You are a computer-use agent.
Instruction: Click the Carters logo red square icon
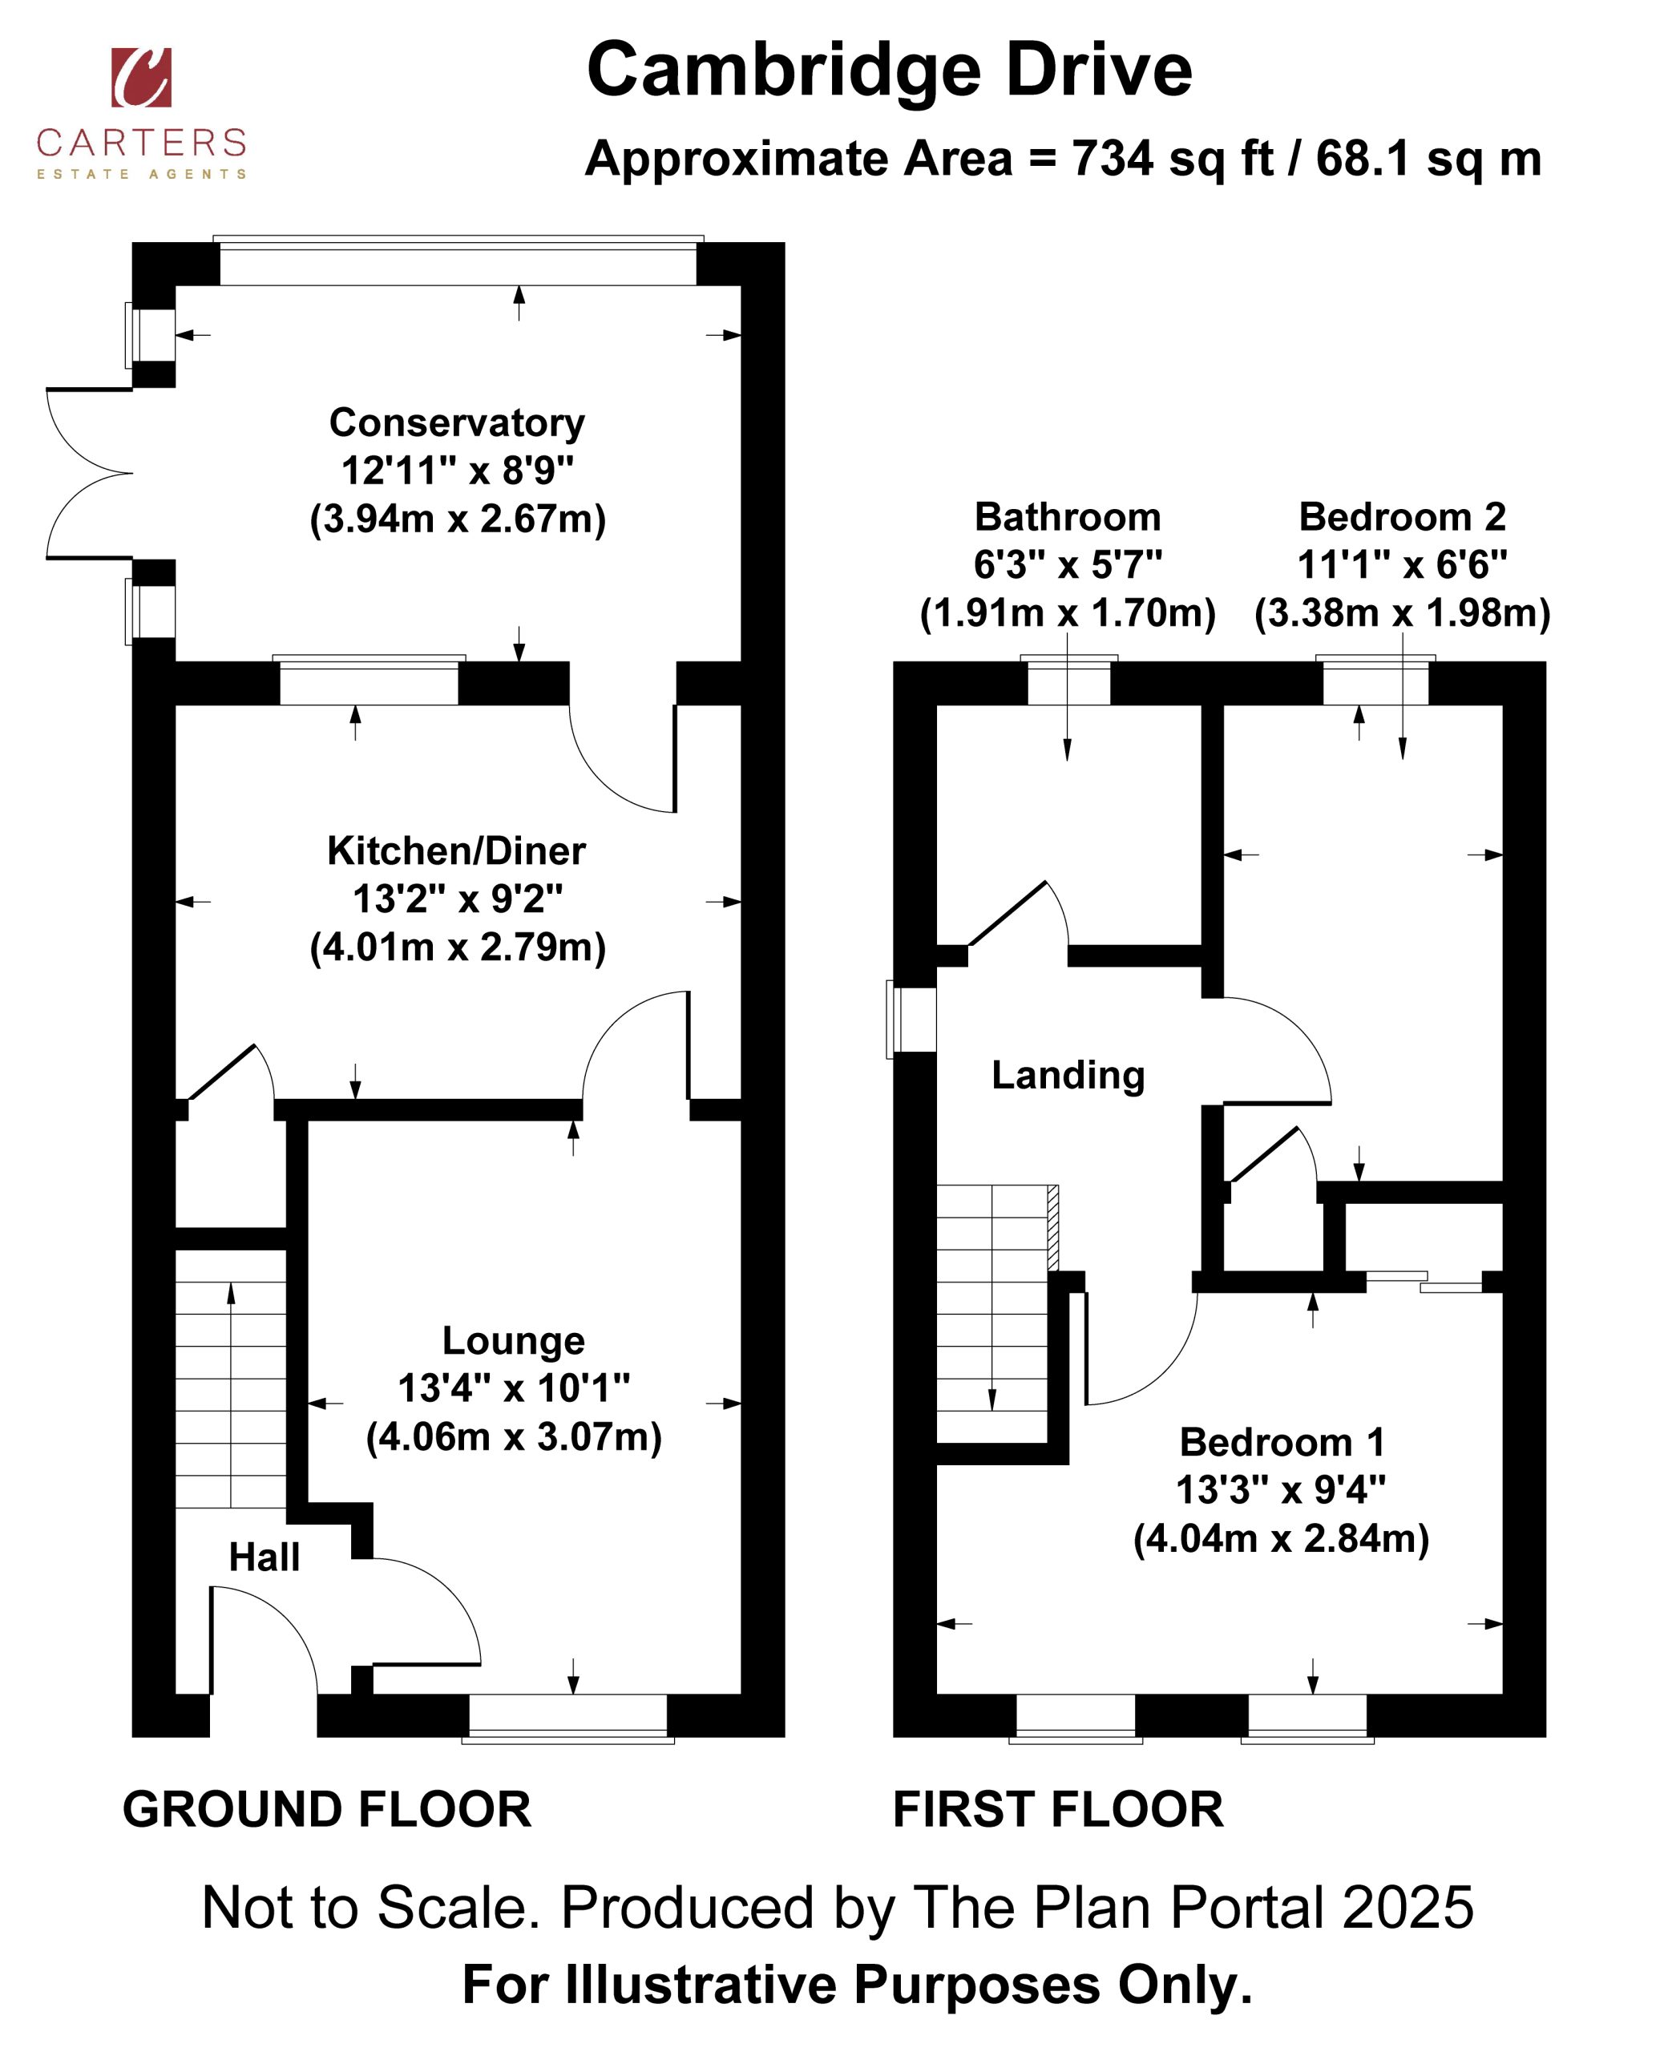pyautogui.click(x=142, y=77)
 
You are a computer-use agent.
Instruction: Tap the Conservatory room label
pyautogui.click(x=458, y=422)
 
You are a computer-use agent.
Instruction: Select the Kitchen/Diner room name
pyautogui.click(x=457, y=851)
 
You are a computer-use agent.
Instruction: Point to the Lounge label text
pyautogui.click(x=513, y=1340)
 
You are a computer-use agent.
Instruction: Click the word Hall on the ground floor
pyautogui.click(x=264, y=1557)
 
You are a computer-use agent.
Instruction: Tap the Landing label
pyautogui.click(x=1068, y=1076)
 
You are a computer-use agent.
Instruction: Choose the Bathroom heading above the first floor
pyautogui.click(x=1068, y=517)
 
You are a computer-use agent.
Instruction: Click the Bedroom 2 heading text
pyautogui.click(x=1403, y=517)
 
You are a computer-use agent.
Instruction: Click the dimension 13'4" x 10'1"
pyautogui.click(x=515, y=1388)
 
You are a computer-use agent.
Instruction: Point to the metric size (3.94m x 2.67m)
pyautogui.click(x=458, y=519)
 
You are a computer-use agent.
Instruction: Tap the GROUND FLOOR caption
pyautogui.click(x=326, y=1809)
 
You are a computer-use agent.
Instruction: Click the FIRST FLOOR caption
pyautogui.click(x=1057, y=1809)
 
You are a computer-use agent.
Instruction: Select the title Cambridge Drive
pyautogui.click(x=889, y=71)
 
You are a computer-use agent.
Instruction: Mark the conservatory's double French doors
pyautogui.click(x=90, y=474)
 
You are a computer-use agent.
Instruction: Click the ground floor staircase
pyautogui.click(x=231, y=1378)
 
